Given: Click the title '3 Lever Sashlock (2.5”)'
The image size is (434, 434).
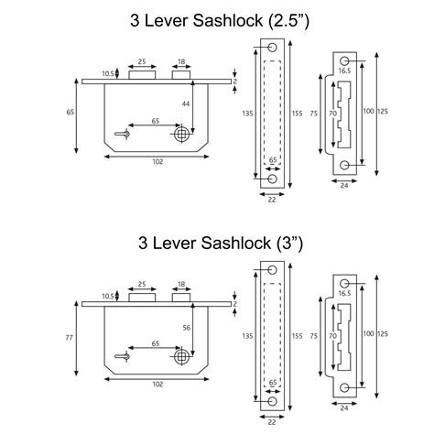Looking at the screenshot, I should click(x=217, y=20).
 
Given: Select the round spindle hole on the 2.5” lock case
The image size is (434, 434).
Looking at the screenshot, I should click(x=183, y=135).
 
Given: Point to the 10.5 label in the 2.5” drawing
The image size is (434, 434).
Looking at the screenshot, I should click(x=108, y=73).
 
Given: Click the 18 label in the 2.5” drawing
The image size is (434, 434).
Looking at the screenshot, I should click(x=181, y=62).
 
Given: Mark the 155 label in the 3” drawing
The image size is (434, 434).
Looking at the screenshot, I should click(x=297, y=336).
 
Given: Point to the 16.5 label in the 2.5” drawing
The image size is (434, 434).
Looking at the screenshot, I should click(x=344, y=69).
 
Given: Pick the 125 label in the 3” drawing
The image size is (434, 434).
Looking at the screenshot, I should click(x=383, y=336).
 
